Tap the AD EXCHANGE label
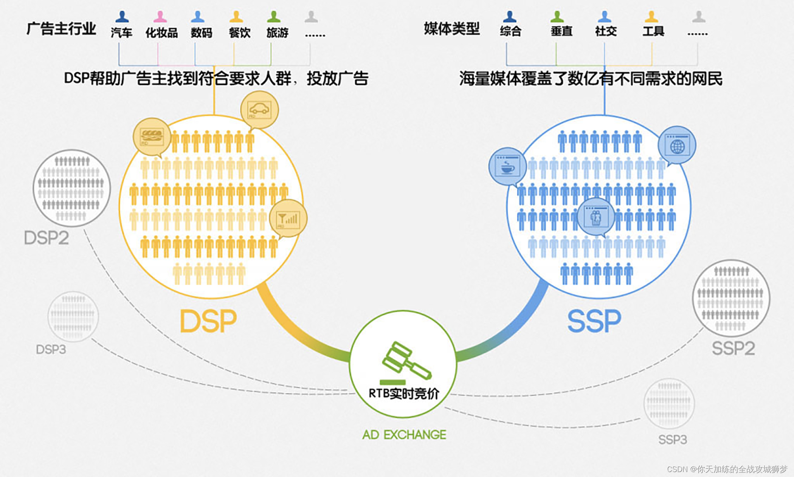point(404,434)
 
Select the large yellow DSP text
point(208,321)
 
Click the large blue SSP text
point(594,321)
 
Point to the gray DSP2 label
point(46,238)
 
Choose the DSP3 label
point(51,349)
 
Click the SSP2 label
point(733,348)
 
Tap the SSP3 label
point(672,439)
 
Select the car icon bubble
point(259,110)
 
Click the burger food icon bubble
point(152,137)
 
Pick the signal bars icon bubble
point(288,218)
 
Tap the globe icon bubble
point(677,145)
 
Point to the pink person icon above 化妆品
point(160,17)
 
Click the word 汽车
point(122,33)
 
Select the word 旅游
point(277,33)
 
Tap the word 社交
point(606,31)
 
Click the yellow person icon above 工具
point(651,17)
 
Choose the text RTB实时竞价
point(404,393)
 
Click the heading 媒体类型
point(452,28)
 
